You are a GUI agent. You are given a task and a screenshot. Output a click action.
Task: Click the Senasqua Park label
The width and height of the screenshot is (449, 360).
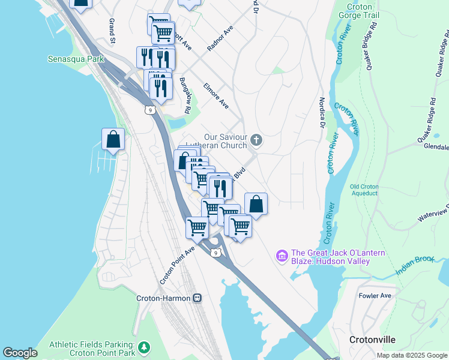point(76,59)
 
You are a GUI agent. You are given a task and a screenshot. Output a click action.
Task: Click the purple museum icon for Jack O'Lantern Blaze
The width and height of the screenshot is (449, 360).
point(282,256)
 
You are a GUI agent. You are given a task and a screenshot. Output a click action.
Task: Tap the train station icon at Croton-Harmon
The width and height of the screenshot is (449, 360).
point(197,298)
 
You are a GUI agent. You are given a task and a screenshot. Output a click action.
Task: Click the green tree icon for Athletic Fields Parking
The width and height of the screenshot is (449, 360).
point(143,347)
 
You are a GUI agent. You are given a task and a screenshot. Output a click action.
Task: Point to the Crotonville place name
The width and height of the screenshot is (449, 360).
point(372,340)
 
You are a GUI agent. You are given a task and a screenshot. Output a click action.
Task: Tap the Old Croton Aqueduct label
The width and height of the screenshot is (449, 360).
point(364,190)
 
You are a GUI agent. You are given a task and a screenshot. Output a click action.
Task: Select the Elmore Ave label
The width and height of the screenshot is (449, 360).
point(216,95)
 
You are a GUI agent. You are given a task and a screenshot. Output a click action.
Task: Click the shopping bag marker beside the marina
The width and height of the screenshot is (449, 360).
point(113,140)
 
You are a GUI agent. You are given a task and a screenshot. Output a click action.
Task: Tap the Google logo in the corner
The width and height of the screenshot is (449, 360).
point(20,353)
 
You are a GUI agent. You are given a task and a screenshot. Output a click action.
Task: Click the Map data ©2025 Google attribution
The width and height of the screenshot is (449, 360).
point(411,355)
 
